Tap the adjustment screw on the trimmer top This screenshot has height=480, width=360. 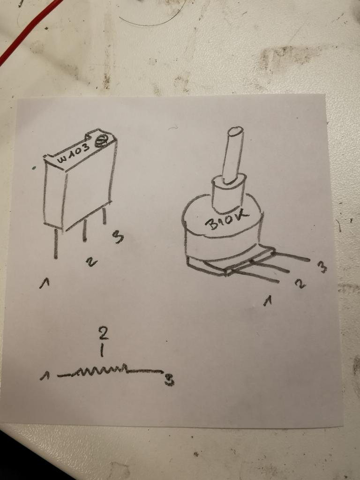point(100,142)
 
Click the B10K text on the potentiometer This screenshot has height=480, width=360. point(227,220)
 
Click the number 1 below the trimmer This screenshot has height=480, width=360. point(45,283)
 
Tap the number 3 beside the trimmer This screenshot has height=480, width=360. point(118,237)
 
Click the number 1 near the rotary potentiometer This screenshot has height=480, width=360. point(268,301)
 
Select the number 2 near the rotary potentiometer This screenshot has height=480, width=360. point(300,284)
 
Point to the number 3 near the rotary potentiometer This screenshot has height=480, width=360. point(322,267)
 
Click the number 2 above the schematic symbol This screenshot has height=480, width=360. point(104,333)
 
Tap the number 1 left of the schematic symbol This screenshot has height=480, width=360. point(45,375)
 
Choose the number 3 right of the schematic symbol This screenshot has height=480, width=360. point(169,380)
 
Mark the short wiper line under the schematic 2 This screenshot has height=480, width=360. point(102,351)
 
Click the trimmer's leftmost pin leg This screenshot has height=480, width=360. point(56,244)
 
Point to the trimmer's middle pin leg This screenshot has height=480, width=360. point(84,231)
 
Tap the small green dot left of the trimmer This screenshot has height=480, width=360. point(34,168)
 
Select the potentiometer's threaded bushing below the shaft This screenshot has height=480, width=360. point(228,193)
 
